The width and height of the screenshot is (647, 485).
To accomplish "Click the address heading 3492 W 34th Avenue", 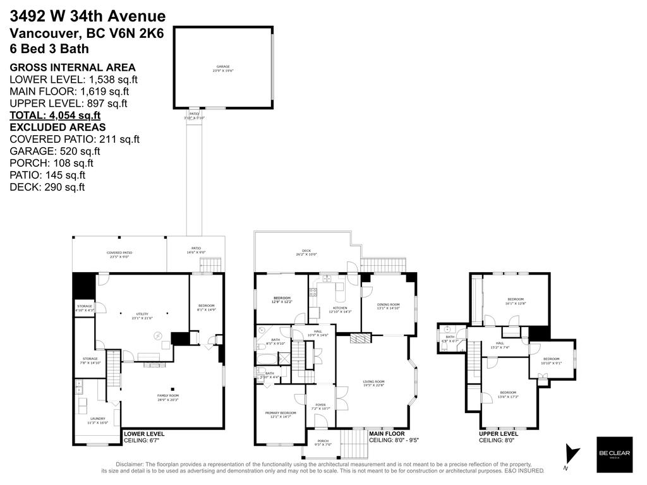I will point(88,16).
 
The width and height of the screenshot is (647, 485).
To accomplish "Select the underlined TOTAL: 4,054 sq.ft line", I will point(55,116).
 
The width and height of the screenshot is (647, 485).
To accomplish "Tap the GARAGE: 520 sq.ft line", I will point(55,151).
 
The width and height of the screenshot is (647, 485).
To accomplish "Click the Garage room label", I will point(223,68).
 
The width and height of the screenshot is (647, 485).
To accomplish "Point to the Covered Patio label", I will point(119,254).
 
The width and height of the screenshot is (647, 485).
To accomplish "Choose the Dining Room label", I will point(389,306).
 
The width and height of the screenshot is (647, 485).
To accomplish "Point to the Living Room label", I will point(373,383).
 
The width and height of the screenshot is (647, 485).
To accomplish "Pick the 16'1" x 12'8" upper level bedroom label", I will point(516,301).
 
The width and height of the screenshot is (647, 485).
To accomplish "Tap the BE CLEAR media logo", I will point(614,455).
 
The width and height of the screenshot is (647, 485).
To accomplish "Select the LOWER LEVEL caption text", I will point(144,434).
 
